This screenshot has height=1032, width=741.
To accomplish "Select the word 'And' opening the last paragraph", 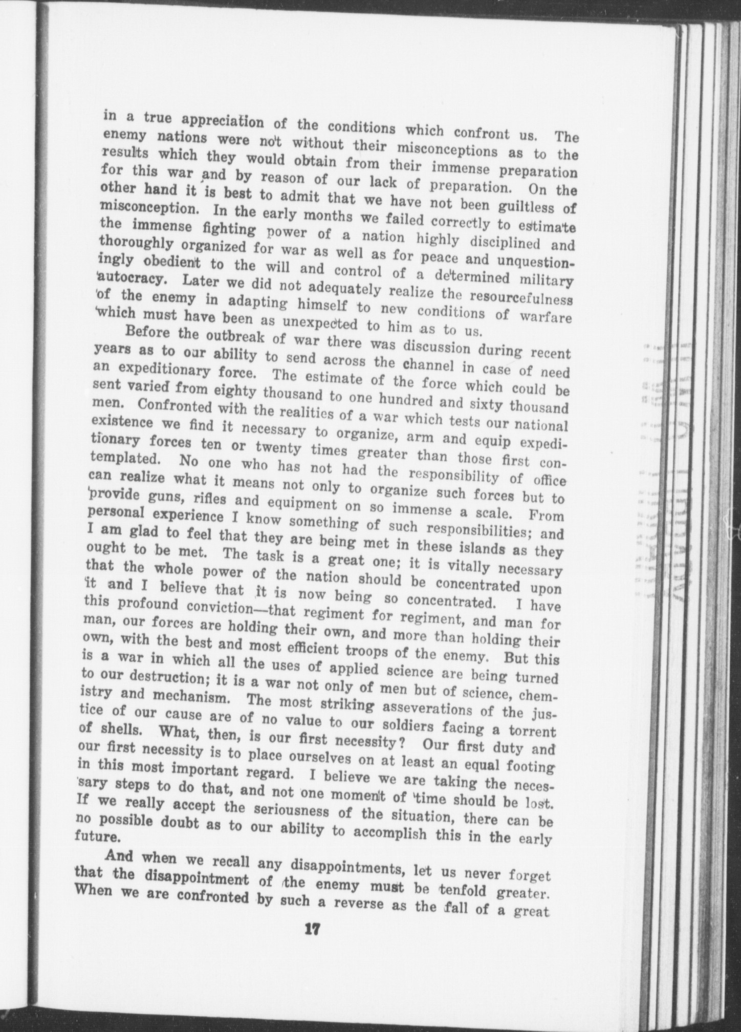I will (x=121, y=855).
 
